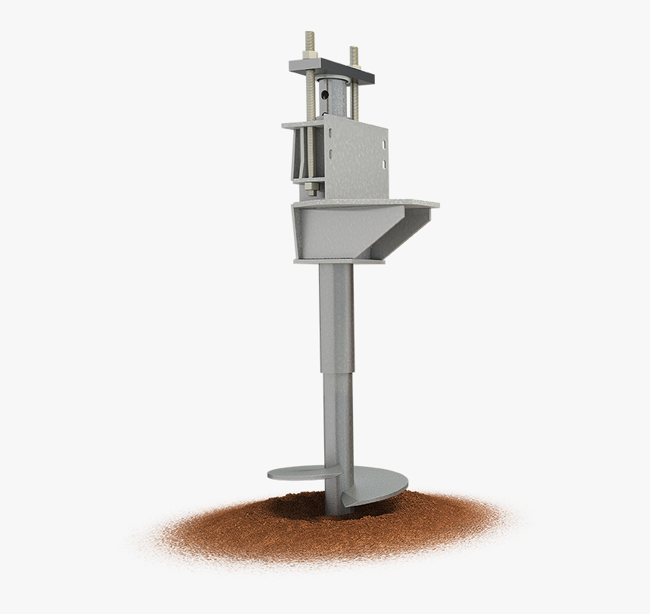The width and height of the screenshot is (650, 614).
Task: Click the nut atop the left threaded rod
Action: tap(309, 54)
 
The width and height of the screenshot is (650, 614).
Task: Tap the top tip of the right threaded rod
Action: tap(354, 49)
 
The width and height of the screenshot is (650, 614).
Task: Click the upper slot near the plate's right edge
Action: tap(384, 145)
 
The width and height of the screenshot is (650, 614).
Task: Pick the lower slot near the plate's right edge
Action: tap(384, 164)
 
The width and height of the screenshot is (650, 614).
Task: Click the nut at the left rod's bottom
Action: tap(311, 187)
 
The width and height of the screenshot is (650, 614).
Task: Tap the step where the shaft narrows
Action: tap(337, 370)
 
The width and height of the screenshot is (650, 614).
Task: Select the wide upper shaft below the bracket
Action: tap(336, 317)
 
